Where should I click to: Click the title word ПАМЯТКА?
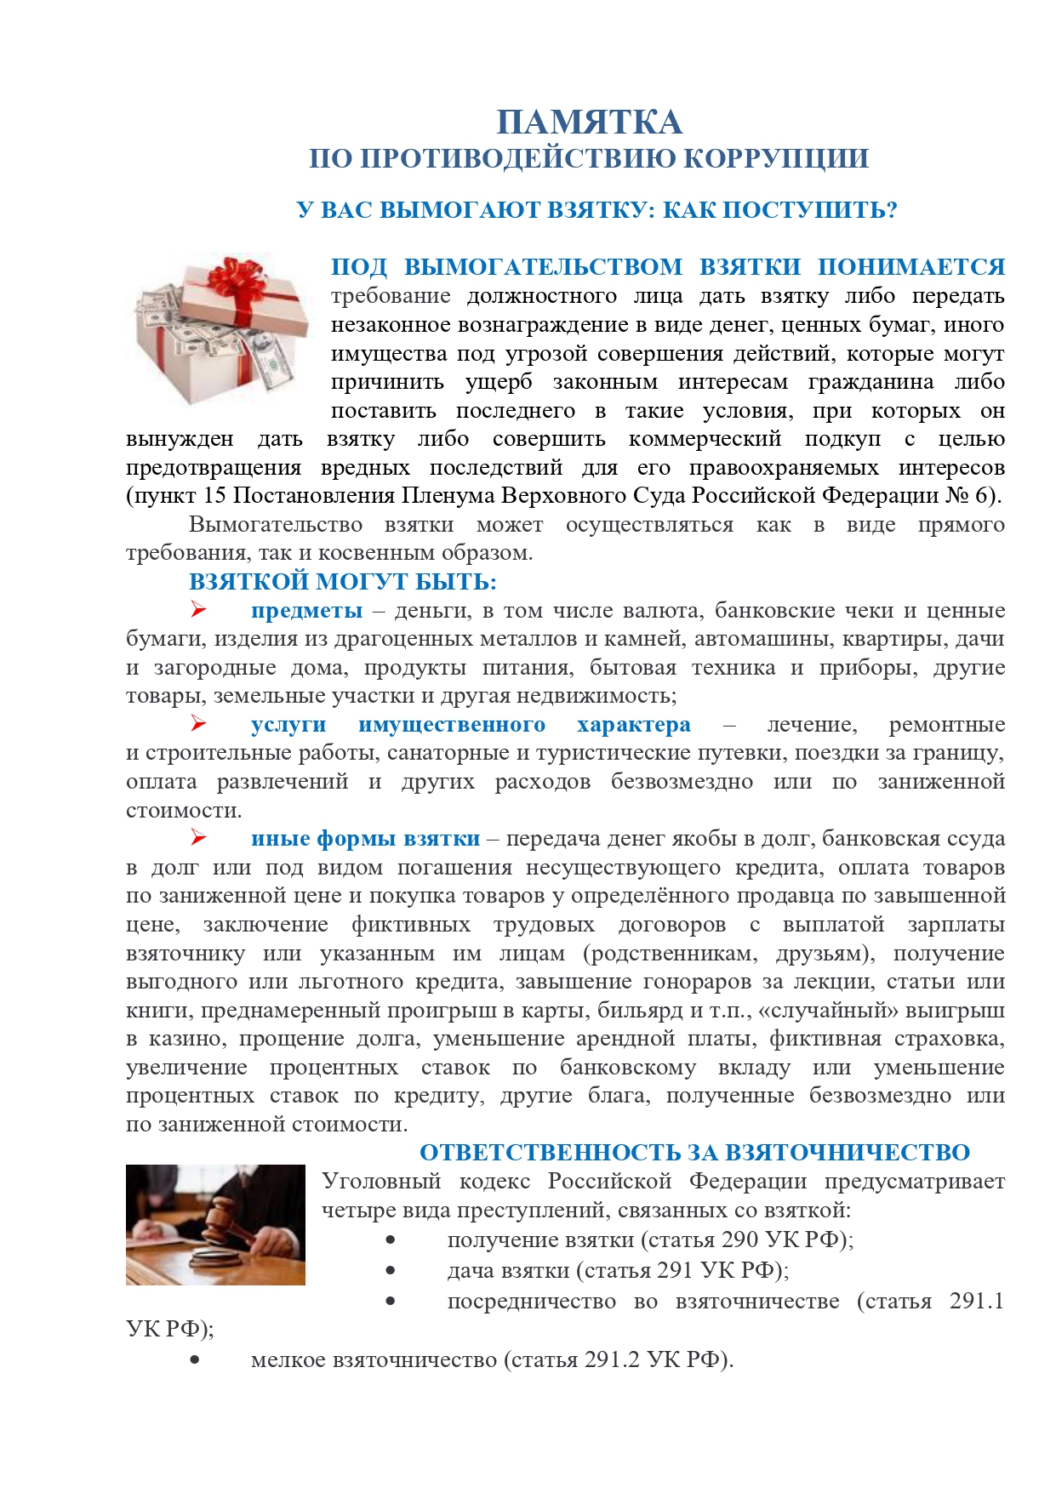589,123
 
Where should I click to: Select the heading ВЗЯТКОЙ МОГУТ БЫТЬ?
342,582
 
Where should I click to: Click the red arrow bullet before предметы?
198,609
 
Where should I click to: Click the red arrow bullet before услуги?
198,723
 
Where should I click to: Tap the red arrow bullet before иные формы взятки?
198,837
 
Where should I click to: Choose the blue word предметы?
306,611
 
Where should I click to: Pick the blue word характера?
633,725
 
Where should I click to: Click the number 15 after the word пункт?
214,496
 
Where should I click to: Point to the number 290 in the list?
739,1239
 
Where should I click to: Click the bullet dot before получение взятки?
391,1240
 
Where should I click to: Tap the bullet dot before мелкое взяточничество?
195,1359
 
